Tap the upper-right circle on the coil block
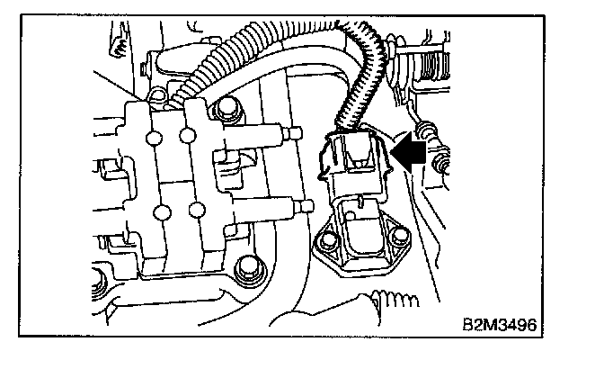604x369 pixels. pos(186,137)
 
